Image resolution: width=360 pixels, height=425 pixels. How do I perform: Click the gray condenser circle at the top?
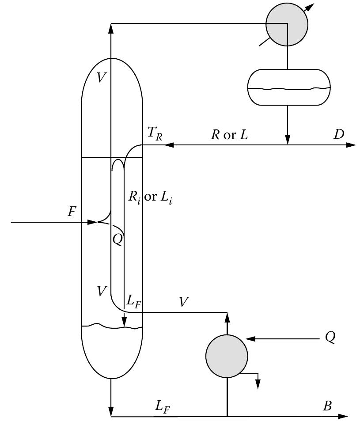click(x=287, y=25)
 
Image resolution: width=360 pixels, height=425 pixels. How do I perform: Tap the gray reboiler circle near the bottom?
click(x=227, y=356)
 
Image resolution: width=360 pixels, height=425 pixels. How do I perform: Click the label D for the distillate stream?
click(x=339, y=134)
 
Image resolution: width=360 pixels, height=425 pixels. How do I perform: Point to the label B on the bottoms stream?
click(x=327, y=406)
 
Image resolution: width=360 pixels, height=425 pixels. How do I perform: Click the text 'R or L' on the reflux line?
click(x=229, y=135)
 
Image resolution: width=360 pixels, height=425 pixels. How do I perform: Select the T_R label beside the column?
click(x=154, y=134)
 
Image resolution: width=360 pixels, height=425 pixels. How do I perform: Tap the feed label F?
click(x=72, y=212)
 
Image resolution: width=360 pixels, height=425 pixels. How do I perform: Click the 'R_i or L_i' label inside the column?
click(x=150, y=197)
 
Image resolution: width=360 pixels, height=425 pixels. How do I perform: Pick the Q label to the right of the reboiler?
click(x=330, y=337)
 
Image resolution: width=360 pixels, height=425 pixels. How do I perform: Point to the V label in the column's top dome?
click(x=101, y=78)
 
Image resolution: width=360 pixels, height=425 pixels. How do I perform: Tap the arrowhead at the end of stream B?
click(x=344, y=416)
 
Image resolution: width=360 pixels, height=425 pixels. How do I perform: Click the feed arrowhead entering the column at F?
click(x=92, y=222)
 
